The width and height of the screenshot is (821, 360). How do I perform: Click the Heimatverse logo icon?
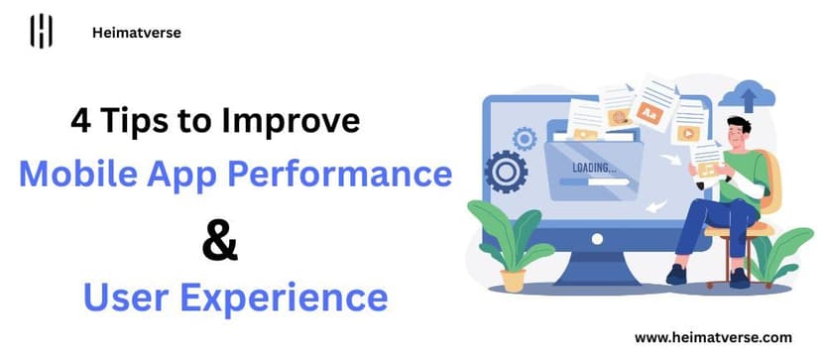point(41,32)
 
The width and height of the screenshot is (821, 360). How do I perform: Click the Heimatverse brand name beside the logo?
point(135,33)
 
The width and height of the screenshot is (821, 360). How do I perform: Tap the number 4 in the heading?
point(78,122)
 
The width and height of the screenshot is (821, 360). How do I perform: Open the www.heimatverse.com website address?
point(712,337)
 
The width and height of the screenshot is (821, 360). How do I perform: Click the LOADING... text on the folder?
point(594,168)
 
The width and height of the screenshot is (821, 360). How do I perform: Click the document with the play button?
point(686,129)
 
